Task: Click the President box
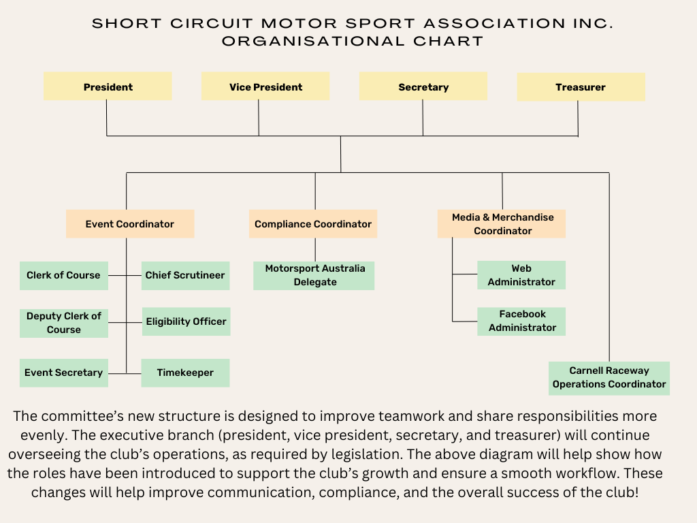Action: click(x=108, y=86)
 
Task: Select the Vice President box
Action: click(x=265, y=86)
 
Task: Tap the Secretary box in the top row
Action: click(x=423, y=86)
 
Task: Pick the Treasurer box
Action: click(x=581, y=86)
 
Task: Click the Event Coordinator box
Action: click(x=130, y=223)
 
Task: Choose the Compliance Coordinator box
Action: click(x=313, y=223)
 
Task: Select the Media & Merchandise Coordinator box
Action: click(x=502, y=223)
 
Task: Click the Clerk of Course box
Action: click(x=63, y=275)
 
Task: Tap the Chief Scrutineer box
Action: click(x=185, y=275)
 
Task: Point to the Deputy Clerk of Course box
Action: click(x=63, y=323)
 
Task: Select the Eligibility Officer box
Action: click(x=186, y=321)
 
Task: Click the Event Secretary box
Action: click(x=63, y=373)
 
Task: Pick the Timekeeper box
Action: click(x=185, y=373)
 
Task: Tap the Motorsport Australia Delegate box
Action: click(x=314, y=275)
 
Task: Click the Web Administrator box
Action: click(x=521, y=275)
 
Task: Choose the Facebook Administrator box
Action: click(x=522, y=321)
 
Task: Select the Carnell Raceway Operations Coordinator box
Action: click(x=609, y=377)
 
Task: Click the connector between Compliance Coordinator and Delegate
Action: click(x=315, y=249)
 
